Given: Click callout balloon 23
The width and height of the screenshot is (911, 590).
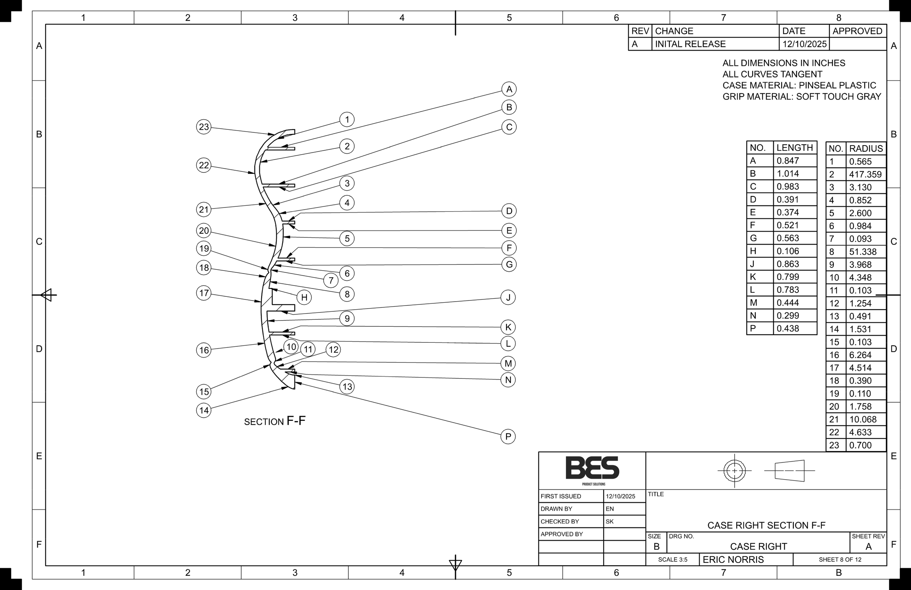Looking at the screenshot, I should click(x=204, y=127).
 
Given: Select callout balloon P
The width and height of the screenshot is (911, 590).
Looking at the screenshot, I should click(x=508, y=436).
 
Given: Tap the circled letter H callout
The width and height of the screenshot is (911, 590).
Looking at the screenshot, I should click(x=304, y=297).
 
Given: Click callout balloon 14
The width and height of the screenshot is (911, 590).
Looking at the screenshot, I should click(x=204, y=410).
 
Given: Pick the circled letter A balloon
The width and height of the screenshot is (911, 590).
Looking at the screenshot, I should click(x=509, y=89).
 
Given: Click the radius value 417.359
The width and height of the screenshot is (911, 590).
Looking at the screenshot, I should click(x=865, y=175).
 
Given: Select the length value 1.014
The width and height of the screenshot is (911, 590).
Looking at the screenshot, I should click(x=788, y=174).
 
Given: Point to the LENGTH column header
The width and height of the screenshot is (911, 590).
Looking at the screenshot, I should click(x=794, y=147).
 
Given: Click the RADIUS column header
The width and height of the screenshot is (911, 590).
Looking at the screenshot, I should click(x=866, y=148).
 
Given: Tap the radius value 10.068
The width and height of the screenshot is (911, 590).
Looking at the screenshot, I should click(x=863, y=419).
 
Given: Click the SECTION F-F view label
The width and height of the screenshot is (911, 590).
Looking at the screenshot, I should click(x=275, y=421).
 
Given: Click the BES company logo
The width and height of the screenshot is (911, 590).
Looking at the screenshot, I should click(x=592, y=468).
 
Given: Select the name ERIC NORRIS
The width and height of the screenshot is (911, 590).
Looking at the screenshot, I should click(x=733, y=559).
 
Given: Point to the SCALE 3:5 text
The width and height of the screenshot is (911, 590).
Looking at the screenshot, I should click(x=673, y=559).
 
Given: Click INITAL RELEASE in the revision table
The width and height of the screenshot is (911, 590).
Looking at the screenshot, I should click(x=690, y=44).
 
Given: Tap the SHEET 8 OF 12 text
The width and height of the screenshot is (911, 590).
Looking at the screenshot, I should click(x=840, y=559).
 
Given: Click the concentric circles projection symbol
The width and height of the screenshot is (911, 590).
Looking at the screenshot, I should click(x=734, y=470).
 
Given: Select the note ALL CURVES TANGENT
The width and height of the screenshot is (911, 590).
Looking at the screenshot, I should click(x=772, y=74).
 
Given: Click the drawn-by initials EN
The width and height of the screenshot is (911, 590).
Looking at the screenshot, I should click(x=610, y=509).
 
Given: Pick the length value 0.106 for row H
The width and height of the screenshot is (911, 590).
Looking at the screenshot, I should click(x=788, y=251).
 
